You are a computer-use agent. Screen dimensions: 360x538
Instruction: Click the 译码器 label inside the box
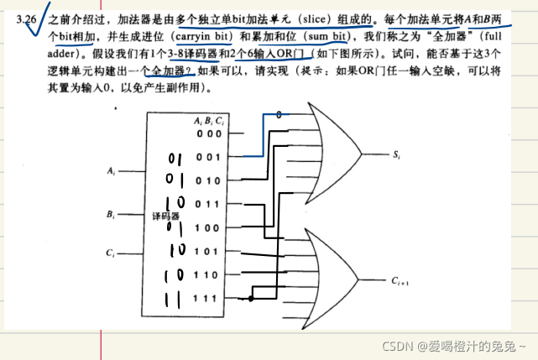[x=165, y=217]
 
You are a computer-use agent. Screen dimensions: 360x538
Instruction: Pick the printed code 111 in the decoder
[x=207, y=297]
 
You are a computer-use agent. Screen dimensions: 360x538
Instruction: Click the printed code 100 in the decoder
[x=207, y=227]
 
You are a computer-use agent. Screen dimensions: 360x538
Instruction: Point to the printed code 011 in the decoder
[x=207, y=203]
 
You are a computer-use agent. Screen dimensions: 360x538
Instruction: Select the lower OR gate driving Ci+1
[x=336, y=277]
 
